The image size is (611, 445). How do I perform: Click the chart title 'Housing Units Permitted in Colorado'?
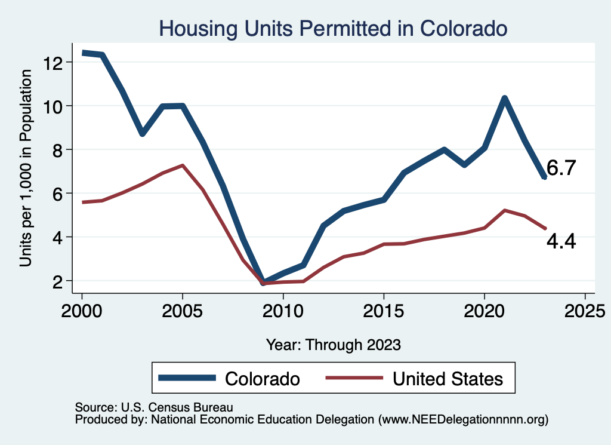point(333,28)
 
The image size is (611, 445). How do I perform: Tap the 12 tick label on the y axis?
point(55,62)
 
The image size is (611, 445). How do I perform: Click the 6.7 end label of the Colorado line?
point(561,168)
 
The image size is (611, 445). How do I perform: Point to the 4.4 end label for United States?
point(561,241)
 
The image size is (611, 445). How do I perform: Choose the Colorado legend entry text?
point(262,378)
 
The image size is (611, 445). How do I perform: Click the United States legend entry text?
point(448,378)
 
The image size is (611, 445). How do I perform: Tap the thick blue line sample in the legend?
point(187,378)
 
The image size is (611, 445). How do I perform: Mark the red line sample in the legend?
point(353,378)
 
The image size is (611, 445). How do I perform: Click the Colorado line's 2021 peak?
point(504,99)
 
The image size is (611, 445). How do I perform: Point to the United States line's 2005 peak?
point(182,165)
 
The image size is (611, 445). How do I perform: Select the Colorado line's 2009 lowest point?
point(263,282)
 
